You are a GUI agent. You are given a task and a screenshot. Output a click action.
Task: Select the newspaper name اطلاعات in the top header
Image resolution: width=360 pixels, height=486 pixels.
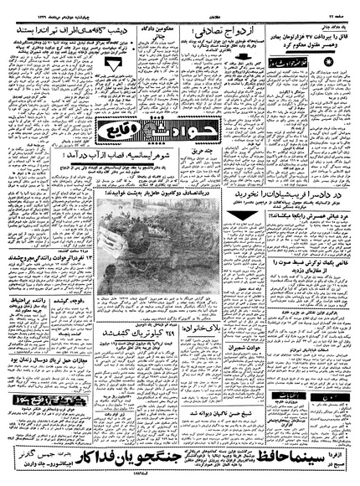(180, 9)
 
